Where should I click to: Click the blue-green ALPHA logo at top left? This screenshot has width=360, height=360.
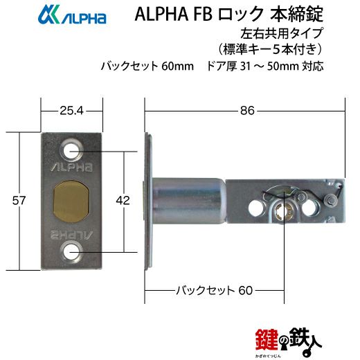(x=72, y=15)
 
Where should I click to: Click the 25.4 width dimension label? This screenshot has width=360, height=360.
(x=71, y=111)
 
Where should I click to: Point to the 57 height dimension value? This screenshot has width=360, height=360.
(x=19, y=200)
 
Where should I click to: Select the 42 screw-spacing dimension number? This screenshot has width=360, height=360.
(x=123, y=200)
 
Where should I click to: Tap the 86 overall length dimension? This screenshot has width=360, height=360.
(x=247, y=111)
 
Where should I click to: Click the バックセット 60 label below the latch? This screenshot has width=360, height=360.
(x=215, y=290)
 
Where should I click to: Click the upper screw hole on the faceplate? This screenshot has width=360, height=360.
(x=71, y=151)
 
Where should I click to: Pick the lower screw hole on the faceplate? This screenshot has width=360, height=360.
(x=71, y=252)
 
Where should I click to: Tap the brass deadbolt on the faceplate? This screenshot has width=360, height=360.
(x=71, y=201)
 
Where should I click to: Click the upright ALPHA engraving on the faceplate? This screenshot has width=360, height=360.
(x=71, y=167)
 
